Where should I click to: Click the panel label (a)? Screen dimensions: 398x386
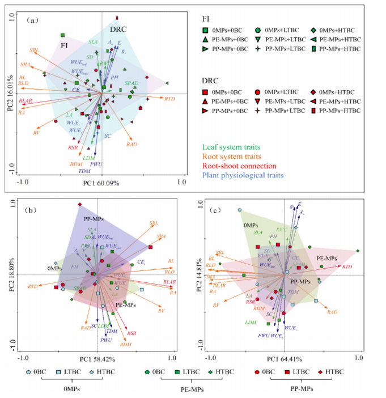(32, 20)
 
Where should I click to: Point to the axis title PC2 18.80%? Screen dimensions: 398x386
(11, 274)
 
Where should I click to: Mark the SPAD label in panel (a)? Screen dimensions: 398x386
(132, 83)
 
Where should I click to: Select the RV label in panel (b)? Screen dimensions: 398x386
(161, 311)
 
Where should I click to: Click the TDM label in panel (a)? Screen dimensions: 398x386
(84, 171)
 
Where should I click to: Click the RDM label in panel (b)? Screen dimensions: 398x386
(126, 344)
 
